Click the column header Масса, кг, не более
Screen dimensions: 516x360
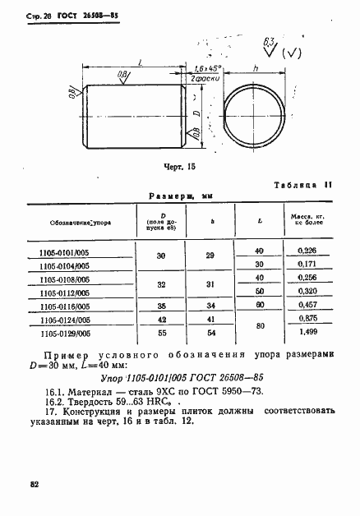click(307, 220)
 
